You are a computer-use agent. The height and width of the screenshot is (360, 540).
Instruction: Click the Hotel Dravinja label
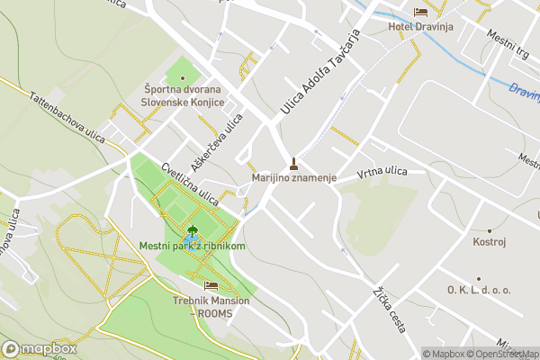(x=418, y=26)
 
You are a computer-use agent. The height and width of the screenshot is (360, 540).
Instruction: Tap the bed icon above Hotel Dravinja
(x=420, y=12)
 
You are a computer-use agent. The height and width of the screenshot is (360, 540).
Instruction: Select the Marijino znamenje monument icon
(x=293, y=164)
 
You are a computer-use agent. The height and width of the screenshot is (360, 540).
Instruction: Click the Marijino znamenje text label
(x=293, y=178)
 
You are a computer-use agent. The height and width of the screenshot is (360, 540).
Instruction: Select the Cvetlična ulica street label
(x=190, y=183)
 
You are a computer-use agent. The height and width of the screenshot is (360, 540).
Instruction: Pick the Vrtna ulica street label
(x=382, y=171)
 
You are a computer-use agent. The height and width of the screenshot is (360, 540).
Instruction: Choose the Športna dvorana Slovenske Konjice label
(x=182, y=95)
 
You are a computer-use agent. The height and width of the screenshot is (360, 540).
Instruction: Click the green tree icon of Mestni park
(x=192, y=231)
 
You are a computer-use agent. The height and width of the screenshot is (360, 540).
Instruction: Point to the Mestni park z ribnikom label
(x=193, y=246)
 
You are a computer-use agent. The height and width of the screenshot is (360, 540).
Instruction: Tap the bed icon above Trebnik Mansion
(x=211, y=285)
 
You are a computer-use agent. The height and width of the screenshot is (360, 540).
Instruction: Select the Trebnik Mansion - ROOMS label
(x=211, y=306)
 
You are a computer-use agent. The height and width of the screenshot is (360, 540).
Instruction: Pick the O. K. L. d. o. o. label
(x=478, y=290)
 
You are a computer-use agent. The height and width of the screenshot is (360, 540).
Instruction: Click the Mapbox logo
(x=40, y=348)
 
